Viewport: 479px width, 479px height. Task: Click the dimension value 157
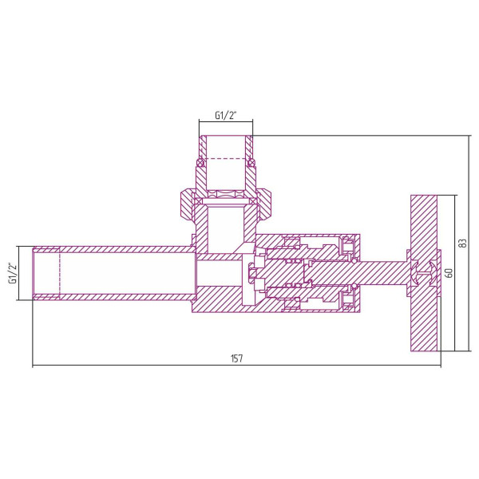236,358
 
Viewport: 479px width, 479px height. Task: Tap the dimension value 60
449,272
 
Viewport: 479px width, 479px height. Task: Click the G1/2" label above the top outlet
226,115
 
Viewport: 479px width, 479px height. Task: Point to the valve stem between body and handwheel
383,272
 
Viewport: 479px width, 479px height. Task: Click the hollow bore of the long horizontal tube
128,273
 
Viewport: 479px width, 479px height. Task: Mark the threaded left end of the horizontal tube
46,273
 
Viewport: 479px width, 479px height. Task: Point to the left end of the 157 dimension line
34,366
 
